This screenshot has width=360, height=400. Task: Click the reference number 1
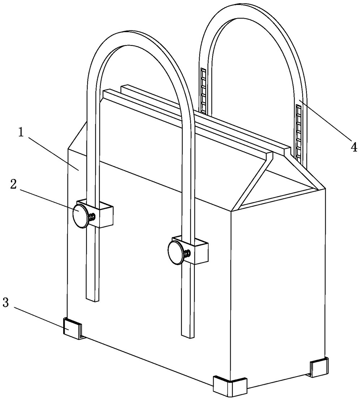click(21, 133)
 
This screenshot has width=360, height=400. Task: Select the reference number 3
click(5, 303)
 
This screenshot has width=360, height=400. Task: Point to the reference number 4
click(353, 147)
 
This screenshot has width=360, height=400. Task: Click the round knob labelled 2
click(80, 216)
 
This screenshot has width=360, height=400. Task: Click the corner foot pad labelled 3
click(73, 327)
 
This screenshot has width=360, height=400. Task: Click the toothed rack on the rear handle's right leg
click(299, 132)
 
